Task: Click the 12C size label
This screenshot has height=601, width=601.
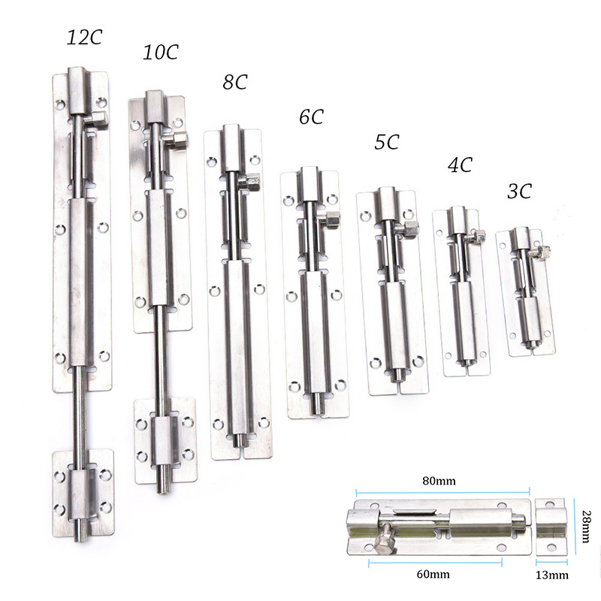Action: tap(85, 38)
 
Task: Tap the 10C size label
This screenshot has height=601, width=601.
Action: tap(161, 52)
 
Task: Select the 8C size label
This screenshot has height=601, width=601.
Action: tap(235, 82)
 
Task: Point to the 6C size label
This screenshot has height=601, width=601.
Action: tap(311, 117)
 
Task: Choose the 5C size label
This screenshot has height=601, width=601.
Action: tap(387, 142)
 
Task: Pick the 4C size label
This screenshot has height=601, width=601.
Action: tap(460, 165)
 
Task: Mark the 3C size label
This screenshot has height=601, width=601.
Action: tap(520, 191)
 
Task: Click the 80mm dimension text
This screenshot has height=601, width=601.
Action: tap(439, 481)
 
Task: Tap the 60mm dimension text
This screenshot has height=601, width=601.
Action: tap(433, 574)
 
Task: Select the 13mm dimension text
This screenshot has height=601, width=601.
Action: tap(552, 575)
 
